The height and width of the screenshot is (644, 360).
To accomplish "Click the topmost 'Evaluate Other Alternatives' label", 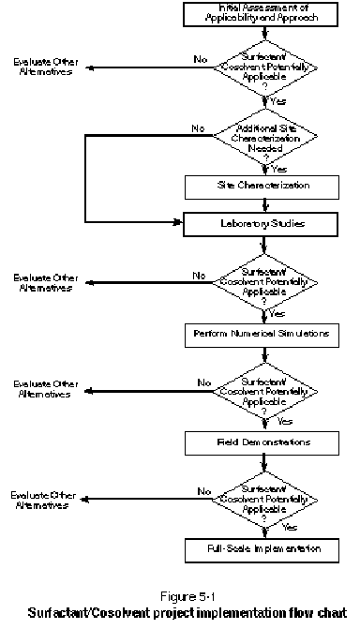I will coord(46,67).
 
